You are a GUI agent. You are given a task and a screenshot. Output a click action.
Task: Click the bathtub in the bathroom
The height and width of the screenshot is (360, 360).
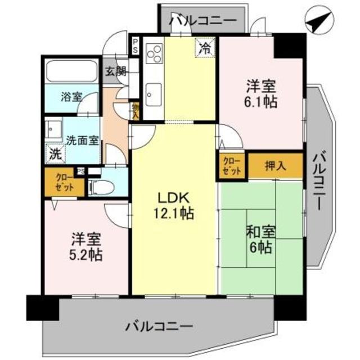pyautogui.click(x=71, y=71)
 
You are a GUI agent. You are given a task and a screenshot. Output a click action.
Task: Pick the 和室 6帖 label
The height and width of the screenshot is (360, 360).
pyautogui.click(x=260, y=238)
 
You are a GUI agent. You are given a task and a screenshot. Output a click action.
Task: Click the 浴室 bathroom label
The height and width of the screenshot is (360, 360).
pyautogui.click(x=71, y=96)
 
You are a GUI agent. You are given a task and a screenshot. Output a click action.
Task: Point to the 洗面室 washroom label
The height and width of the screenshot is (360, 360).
pyautogui.click(x=82, y=140)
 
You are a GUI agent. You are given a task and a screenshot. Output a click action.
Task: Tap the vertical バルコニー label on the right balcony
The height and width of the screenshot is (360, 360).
pyautogui.click(x=319, y=180)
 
